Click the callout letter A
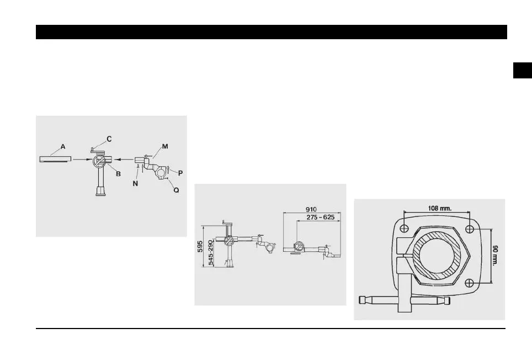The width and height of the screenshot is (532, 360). [x=63, y=147]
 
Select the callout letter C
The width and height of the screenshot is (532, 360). [x=109, y=138]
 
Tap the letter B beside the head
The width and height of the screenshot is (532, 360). [x=118, y=173]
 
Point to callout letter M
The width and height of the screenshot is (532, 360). [x=164, y=146]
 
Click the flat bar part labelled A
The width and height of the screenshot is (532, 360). [x=55, y=159]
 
